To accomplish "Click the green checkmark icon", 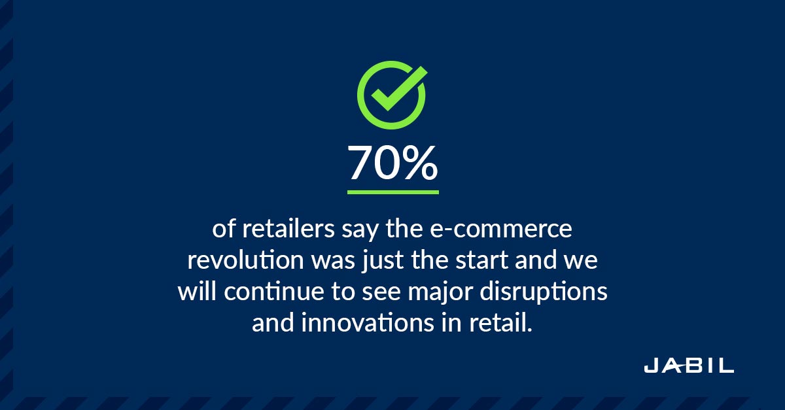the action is pos(392,95).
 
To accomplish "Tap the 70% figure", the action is pos(393,163).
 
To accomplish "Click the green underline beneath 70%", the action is pos(393,192).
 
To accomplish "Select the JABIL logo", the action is pos(689,365).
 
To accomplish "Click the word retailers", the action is pos(288,229).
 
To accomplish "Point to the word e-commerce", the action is pos(501,229).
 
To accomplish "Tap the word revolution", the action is pos(245,260).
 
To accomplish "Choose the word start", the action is pos(481,261).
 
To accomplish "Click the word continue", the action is pos(274,292).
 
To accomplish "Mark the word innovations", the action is pos(367,324).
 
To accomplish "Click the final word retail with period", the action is pos(501,323).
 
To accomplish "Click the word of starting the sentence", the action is pos(224,229).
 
